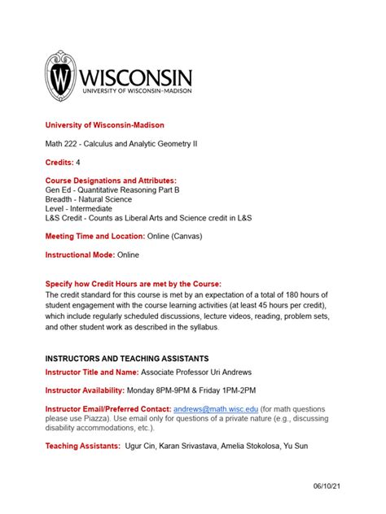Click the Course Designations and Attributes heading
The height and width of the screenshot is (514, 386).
pyautogui.click(x=111, y=180)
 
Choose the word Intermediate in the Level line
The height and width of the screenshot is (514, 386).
pyautogui.click(x=90, y=208)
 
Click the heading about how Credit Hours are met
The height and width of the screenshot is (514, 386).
pyautogui.click(x=133, y=283)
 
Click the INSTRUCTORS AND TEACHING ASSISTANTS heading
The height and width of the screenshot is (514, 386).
pyautogui.click(x=126, y=358)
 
